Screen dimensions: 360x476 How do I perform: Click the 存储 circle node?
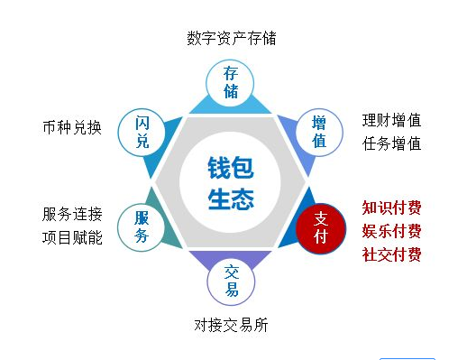(231, 81)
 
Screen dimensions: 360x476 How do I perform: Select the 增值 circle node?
(319, 132)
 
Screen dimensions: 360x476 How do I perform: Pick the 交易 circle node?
(232, 280)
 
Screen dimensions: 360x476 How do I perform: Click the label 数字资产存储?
(232, 39)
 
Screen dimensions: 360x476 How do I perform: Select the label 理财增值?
(392, 120)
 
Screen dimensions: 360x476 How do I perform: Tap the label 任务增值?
(392, 143)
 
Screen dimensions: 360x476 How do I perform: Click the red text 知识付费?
(392, 208)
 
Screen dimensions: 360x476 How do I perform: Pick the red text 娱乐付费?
(392, 231)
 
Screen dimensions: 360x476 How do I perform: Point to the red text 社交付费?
(392, 254)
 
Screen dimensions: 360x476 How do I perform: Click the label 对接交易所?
(231, 325)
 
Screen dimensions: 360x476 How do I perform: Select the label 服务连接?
(72, 215)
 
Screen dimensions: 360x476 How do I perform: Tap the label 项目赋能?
(72, 238)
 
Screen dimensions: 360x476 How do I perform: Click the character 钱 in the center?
(219, 167)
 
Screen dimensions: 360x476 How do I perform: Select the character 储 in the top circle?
(231, 91)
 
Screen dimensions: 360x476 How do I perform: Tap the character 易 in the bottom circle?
(232, 290)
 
